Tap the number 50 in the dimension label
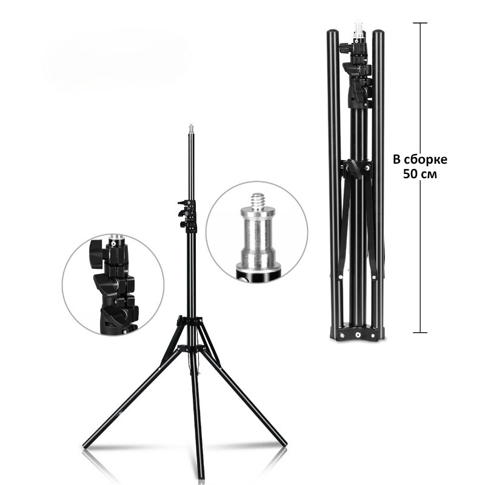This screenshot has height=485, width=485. [x=410, y=174]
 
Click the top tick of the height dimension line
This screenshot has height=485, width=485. [x=420, y=23]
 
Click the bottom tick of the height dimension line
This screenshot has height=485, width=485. [x=420, y=332]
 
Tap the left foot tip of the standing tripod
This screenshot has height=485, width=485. [x=85, y=447]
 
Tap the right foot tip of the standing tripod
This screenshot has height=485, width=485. [x=284, y=444]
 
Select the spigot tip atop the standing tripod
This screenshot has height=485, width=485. [x=191, y=128]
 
